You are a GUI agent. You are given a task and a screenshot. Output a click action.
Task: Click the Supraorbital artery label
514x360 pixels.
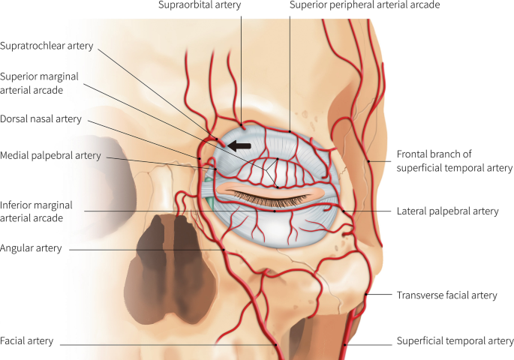(x=198, y=6)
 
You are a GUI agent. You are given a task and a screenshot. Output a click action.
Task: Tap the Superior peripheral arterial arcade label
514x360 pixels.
(x=365, y=6)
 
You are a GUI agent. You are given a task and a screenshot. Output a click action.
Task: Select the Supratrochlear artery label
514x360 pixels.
(x=47, y=46)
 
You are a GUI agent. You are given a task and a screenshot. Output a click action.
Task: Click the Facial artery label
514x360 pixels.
(x=27, y=340)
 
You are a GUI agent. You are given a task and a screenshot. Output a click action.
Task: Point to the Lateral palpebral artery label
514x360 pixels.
(x=446, y=211)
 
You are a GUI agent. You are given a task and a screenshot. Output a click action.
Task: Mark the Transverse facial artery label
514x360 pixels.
(x=446, y=295)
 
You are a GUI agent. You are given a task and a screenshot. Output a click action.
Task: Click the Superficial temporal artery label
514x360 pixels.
(x=453, y=341)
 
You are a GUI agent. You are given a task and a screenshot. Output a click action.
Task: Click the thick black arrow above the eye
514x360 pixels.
(x=240, y=145)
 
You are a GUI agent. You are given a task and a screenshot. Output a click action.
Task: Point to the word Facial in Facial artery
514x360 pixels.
(x=13, y=340)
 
